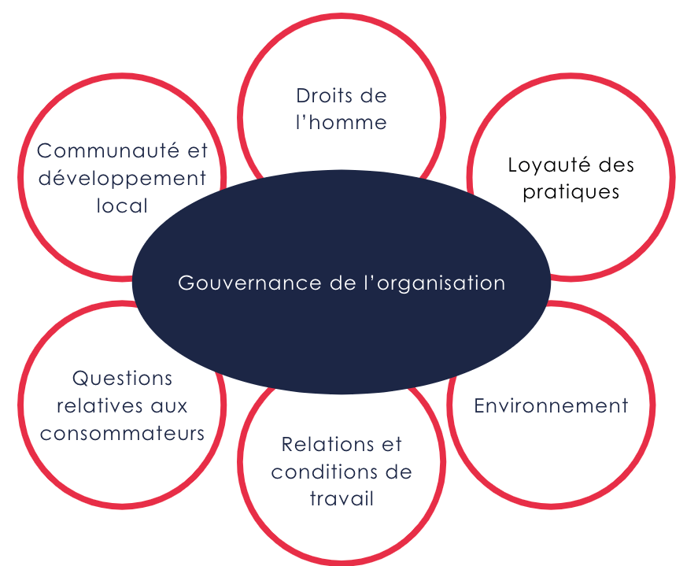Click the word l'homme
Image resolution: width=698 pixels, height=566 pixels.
(x=342, y=123)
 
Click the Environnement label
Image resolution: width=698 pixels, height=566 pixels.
(x=551, y=405)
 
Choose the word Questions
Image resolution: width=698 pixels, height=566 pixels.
(x=122, y=379)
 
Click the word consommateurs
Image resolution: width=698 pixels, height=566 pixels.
(x=122, y=433)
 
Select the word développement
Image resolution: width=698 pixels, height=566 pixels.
(x=122, y=179)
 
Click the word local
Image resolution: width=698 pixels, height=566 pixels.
(x=122, y=206)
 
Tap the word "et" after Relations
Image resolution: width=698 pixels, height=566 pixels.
(x=391, y=445)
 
